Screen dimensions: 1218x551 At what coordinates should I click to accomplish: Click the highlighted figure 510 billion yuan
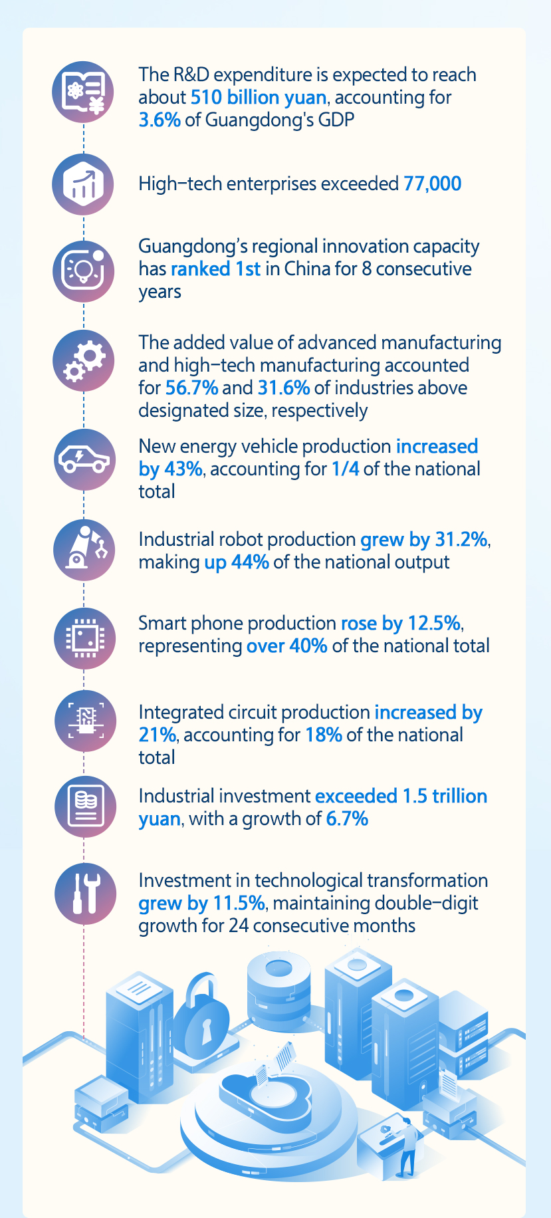(x=259, y=98)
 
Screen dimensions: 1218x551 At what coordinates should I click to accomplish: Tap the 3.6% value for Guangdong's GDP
(x=160, y=120)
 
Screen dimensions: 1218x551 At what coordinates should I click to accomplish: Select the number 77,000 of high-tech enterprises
(x=432, y=183)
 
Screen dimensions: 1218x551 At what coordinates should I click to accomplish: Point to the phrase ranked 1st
(x=215, y=269)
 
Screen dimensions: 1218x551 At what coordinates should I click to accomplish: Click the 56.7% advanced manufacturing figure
(x=191, y=388)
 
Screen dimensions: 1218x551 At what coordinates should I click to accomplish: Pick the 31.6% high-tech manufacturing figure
(x=284, y=388)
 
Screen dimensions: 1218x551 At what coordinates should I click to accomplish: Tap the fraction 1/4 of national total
(x=345, y=469)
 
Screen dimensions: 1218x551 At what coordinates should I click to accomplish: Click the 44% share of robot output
(x=250, y=562)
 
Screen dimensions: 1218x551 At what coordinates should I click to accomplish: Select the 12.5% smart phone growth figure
(x=433, y=624)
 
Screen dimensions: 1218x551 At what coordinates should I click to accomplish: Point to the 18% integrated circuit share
(x=324, y=735)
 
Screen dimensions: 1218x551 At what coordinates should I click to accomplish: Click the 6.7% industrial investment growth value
(x=347, y=819)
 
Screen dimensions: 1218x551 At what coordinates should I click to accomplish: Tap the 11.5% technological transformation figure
(x=238, y=904)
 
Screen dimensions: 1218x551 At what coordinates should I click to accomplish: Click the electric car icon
(x=84, y=459)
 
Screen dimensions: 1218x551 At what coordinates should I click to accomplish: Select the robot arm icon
(x=84, y=549)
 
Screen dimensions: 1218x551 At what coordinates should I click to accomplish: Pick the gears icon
(x=84, y=360)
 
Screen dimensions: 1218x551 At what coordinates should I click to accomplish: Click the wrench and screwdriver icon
(x=84, y=893)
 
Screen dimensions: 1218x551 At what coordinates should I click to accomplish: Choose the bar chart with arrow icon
(x=84, y=183)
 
